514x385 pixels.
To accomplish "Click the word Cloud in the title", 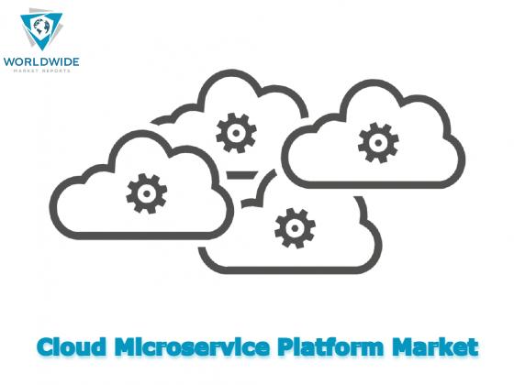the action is (x=72, y=346).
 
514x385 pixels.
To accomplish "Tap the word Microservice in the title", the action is (x=192, y=346).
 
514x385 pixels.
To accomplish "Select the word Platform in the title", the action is (x=330, y=346).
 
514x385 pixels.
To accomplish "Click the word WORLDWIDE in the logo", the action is (x=41, y=61).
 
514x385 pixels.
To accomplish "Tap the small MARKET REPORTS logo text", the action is (x=41, y=71).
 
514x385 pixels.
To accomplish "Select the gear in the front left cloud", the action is (x=147, y=193).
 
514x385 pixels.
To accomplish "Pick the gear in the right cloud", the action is (x=378, y=143).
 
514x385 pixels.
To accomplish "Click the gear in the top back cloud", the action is (x=236, y=133).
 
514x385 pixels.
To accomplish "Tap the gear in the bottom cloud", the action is (x=295, y=228).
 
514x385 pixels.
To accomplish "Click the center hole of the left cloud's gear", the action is (x=147, y=193).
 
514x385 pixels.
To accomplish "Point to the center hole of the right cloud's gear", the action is (x=378, y=143).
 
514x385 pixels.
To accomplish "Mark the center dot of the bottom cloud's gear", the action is (x=295, y=228).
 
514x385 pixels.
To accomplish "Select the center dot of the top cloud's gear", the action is (x=236, y=133).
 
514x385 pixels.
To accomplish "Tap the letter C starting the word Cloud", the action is (x=46, y=347).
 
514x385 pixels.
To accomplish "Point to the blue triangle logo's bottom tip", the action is (x=42, y=50).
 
